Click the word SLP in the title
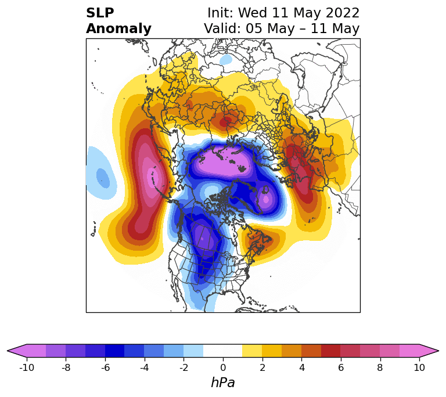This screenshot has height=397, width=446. [x=100, y=13]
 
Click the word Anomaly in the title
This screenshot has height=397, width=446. [x=118, y=28]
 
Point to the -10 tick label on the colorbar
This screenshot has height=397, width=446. [x=27, y=367]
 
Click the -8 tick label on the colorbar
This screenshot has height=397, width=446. [x=66, y=367]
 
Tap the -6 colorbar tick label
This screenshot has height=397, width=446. [x=105, y=367]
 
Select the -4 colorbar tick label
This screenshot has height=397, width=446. [x=145, y=367]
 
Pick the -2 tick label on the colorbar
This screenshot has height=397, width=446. [x=184, y=367]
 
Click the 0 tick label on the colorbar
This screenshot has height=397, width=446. [x=223, y=367]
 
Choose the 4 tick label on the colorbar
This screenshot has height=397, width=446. [x=301, y=367]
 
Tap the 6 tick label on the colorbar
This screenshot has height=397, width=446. [x=341, y=367]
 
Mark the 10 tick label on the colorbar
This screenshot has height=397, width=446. [x=419, y=367]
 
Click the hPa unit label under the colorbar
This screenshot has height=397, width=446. [x=223, y=382]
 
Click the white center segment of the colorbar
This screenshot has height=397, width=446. [x=223, y=351]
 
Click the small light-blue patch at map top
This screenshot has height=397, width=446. [x=226, y=59]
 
